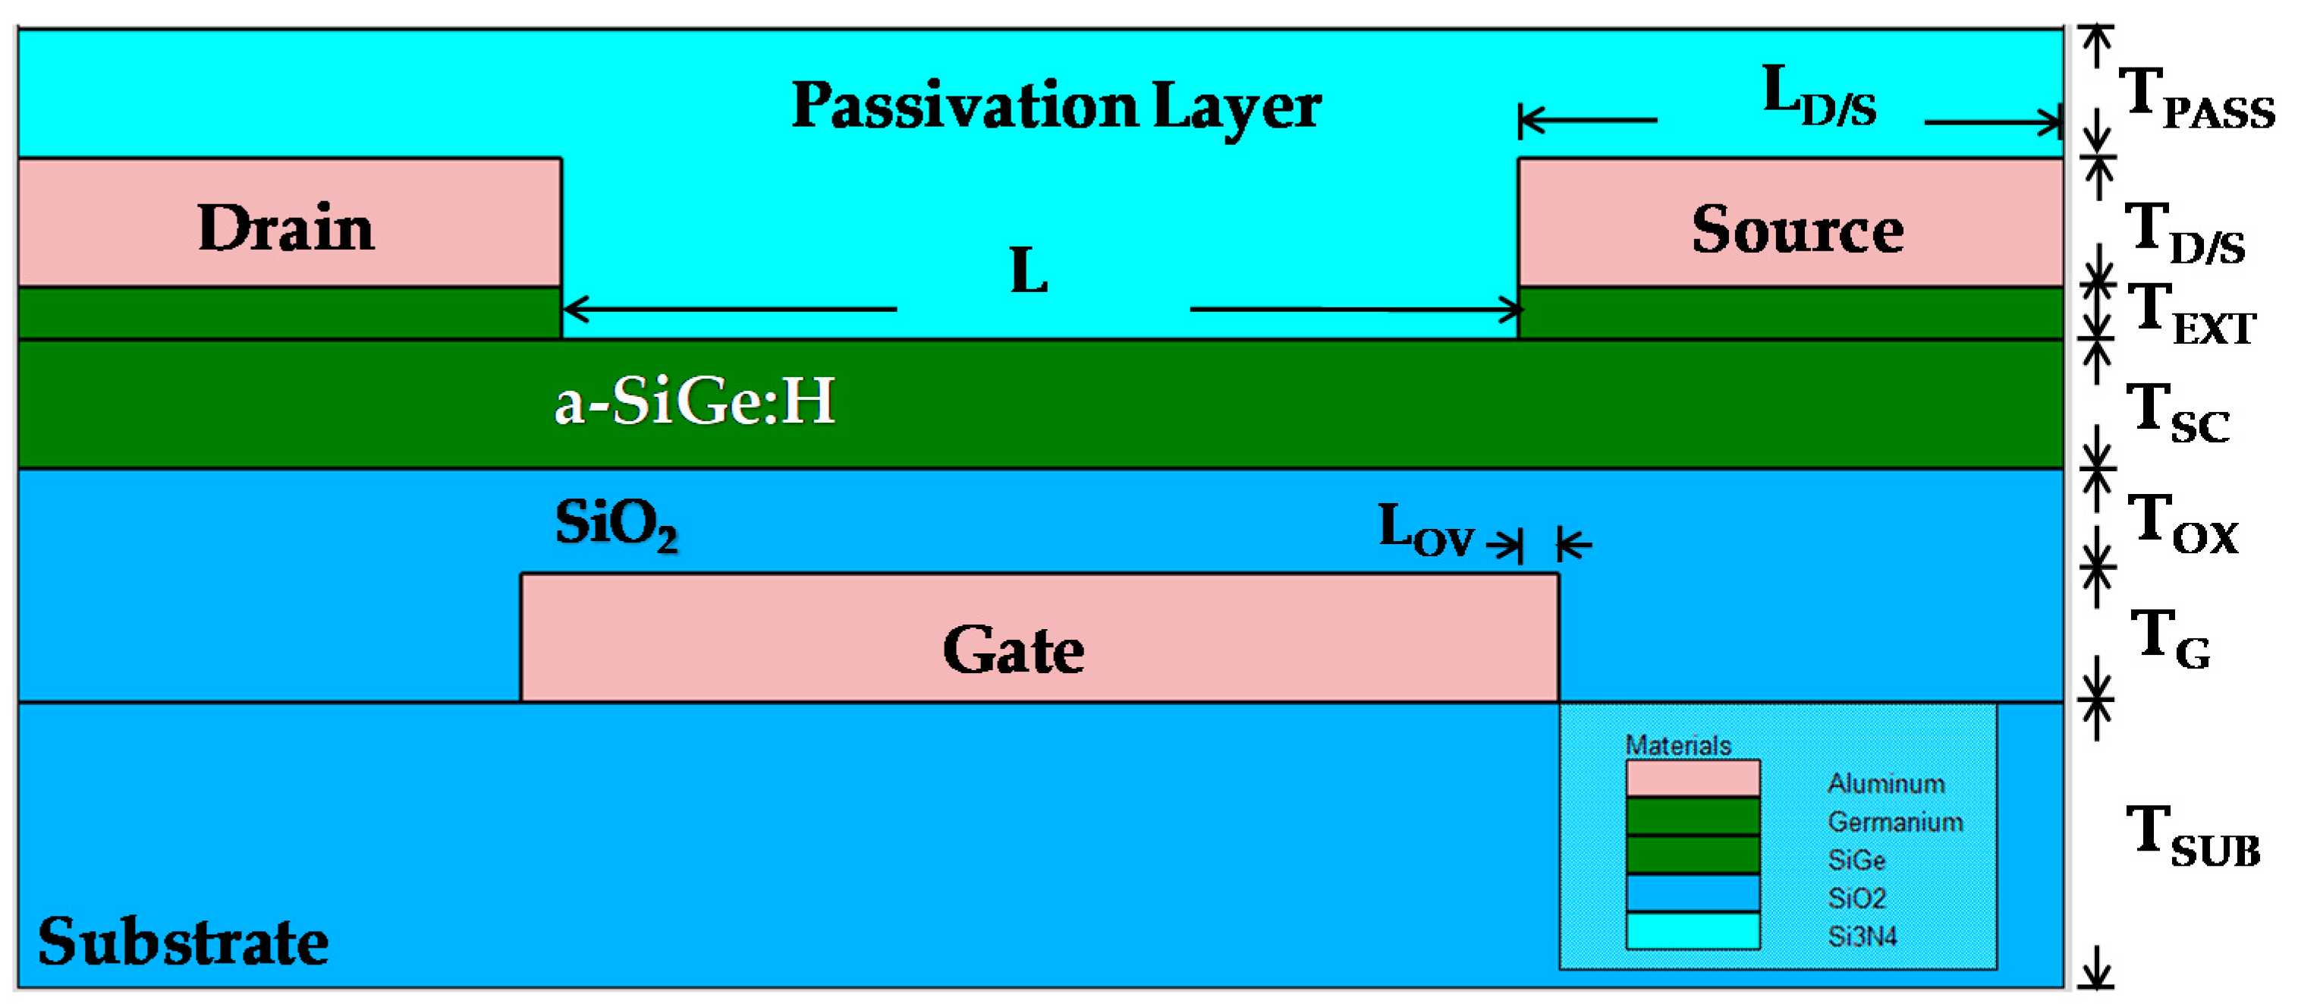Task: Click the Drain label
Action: [285, 228]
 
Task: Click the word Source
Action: [1797, 229]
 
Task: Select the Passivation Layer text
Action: [1056, 106]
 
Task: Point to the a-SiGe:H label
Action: [694, 401]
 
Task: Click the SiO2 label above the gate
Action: [615, 524]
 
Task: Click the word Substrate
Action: [183, 942]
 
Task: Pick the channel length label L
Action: [1029, 270]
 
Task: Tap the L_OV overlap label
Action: [1425, 530]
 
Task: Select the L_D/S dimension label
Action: [1818, 96]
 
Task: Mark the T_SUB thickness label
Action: [2193, 836]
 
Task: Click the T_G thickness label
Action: [2170, 639]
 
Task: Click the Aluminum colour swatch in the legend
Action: [1693, 778]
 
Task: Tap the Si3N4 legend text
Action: [1862, 936]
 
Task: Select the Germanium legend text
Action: [1895, 821]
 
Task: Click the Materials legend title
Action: [1677, 744]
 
